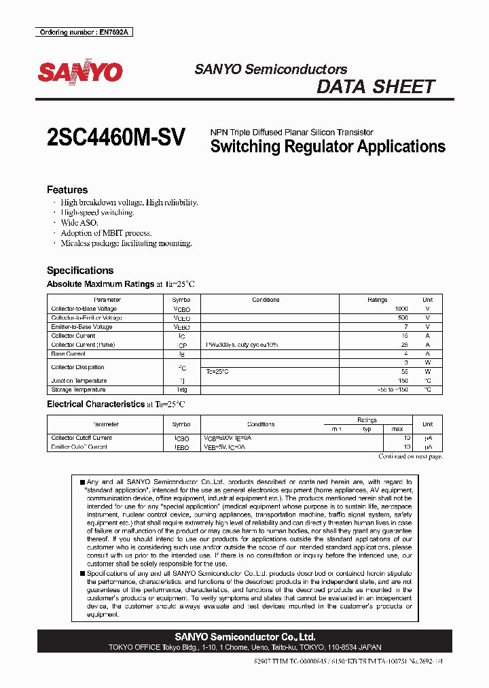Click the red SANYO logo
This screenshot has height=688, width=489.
click(80, 73)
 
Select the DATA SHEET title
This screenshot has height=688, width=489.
click(376, 87)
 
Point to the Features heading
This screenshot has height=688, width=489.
click(67, 190)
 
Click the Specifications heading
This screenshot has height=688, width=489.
click(80, 270)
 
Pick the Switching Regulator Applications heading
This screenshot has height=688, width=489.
click(328, 146)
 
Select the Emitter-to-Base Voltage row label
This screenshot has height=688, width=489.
click(81, 327)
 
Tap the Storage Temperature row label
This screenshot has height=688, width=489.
click(78, 390)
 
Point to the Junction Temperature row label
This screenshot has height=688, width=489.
click(79, 381)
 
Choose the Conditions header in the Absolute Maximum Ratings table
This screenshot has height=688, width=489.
click(266, 300)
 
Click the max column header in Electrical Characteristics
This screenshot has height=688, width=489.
click(397, 429)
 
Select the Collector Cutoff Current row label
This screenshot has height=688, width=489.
click(81, 438)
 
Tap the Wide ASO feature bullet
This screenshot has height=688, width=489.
click(79, 222)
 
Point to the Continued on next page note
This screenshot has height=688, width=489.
click(410, 456)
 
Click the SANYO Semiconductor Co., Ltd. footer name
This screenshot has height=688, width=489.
click(244, 637)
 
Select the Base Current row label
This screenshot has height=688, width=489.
click(69, 354)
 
